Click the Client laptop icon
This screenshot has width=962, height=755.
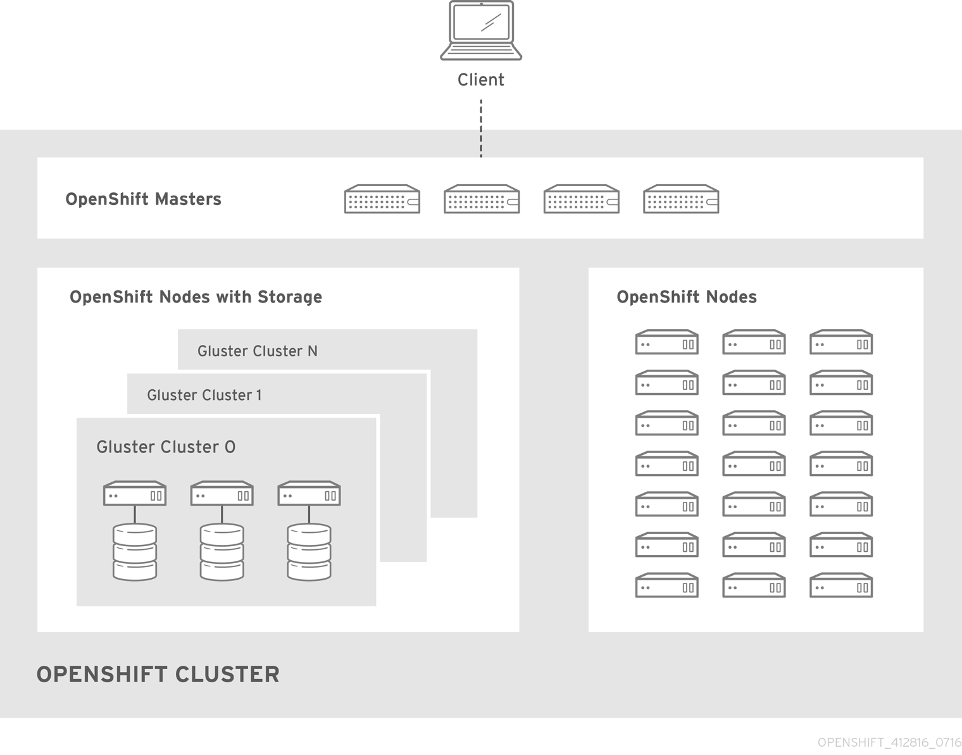(x=481, y=31)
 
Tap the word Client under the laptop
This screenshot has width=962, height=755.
(x=481, y=80)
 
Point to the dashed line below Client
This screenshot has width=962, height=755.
(x=481, y=128)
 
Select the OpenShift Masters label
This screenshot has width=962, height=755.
(x=143, y=199)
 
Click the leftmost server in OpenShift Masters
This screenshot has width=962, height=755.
(x=382, y=199)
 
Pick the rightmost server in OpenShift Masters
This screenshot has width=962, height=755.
(x=681, y=199)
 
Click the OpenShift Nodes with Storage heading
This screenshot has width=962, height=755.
(x=196, y=297)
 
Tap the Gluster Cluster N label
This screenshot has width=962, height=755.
(x=258, y=351)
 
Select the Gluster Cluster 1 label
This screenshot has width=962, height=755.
(x=204, y=396)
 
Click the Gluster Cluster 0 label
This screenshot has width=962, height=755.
(x=166, y=447)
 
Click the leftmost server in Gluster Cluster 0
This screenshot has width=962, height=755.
(x=135, y=494)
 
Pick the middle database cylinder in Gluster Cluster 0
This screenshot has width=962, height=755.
(x=222, y=552)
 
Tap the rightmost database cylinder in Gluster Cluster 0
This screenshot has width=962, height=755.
(x=309, y=552)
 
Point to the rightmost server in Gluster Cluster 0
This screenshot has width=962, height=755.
(x=309, y=494)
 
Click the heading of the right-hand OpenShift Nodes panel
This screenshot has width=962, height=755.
(x=687, y=297)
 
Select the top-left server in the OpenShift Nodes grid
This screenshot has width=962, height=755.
(x=667, y=342)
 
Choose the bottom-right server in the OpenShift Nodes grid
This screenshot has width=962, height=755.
(x=841, y=586)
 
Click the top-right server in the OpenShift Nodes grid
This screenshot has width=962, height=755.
(x=841, y=342)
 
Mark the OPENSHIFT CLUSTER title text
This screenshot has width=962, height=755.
(x=158, y=675)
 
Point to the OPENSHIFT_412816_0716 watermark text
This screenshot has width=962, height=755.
(x=889, y=742)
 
